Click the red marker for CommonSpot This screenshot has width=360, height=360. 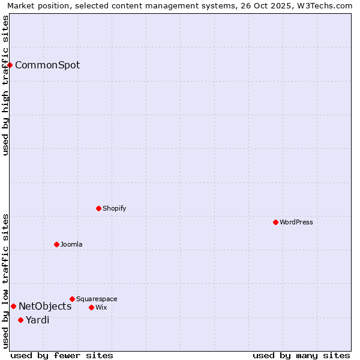point(10,65)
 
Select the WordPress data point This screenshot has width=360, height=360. point(275,222)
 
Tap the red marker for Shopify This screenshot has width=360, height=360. point(98,208)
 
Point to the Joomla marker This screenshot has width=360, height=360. point(56,244)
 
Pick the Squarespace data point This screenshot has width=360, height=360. point(72,299)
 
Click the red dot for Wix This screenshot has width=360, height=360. point(91,307)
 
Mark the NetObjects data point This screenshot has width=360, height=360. point(13,306)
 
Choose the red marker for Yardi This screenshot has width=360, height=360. point(20,320)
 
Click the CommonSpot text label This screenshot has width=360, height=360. point(47,65)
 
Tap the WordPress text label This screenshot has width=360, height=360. point(296,223)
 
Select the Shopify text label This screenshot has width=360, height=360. point(115,209)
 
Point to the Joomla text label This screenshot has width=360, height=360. point(71,245)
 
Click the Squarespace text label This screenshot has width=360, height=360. point(97,299)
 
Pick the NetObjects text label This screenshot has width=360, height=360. point(45,307)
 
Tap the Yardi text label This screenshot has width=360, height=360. point(37,320)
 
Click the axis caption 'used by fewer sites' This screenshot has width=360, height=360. point(62,356)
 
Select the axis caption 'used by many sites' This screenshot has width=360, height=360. point(301,356)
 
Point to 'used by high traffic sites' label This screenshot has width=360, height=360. point(5,85)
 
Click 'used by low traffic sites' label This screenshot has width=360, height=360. point(5,281)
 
